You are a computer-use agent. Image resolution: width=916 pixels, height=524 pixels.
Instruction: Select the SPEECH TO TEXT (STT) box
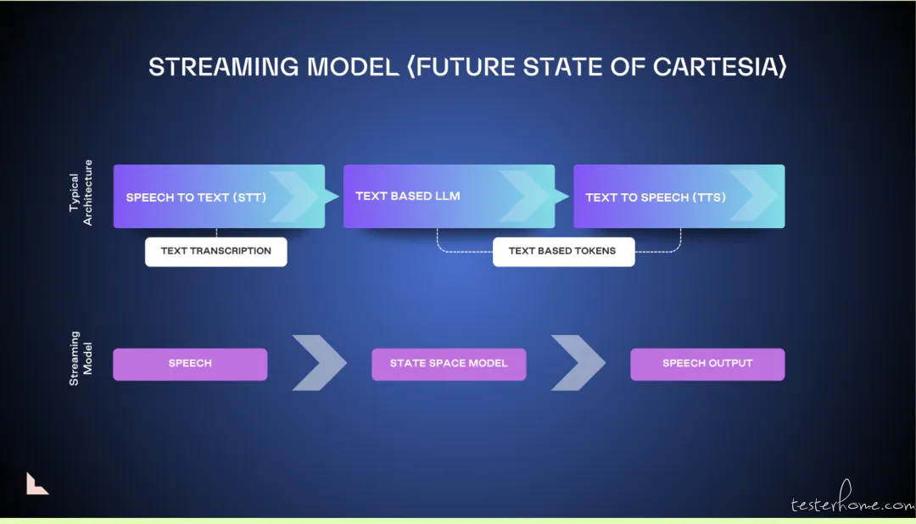click(219, 196)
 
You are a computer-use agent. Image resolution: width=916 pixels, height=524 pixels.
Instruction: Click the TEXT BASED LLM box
click(449, 196)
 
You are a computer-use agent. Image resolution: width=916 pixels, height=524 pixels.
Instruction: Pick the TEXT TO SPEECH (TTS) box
click(679, 196)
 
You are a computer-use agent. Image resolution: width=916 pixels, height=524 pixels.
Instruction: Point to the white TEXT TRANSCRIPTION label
click(216, 252)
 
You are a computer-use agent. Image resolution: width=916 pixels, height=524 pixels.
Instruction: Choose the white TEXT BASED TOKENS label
click(564, 252)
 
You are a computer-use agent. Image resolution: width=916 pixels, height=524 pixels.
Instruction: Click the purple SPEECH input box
click(190, 364)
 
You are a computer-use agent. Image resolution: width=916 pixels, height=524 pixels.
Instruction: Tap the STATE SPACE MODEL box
click(449, 364)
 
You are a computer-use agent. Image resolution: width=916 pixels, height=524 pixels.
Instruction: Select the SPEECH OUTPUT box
click(707, 364)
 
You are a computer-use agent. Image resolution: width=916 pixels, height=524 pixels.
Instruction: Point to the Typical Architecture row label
click(81, 192)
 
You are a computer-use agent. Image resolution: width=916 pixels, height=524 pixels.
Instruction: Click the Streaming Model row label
click(81, 358)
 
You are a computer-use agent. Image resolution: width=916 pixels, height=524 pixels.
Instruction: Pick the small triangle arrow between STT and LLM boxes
click(332, 196)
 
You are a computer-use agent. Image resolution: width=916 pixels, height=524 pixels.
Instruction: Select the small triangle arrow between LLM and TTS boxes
click(562, 196)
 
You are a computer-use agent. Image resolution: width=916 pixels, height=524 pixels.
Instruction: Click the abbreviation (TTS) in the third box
click(709, 198)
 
